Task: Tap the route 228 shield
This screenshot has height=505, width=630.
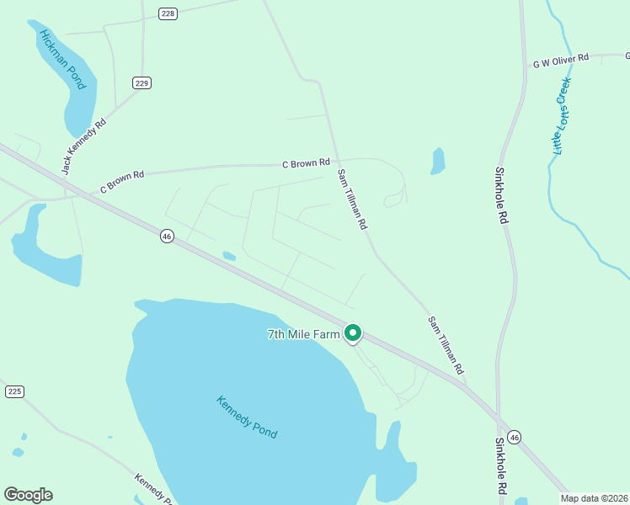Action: click(168, 13)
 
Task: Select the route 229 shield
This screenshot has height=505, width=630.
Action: click(141, 82)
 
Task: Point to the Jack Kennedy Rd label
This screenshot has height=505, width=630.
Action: click(83, 146)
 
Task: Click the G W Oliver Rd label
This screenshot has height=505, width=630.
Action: click(560, 61)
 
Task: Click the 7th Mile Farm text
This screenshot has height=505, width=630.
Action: click(304, 334)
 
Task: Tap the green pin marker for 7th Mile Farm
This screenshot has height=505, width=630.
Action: click(354, 333)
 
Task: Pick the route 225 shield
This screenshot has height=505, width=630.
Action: click(13, 391)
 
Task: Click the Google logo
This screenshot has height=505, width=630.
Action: click(28, 494)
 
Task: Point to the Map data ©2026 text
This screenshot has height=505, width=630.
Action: click(595, 498)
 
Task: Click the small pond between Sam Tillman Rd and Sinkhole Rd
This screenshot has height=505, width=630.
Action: click(437, 161)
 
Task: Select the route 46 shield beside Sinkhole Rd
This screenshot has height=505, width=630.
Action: click(515, 437)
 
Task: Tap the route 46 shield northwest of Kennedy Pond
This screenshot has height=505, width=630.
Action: click(167, 237)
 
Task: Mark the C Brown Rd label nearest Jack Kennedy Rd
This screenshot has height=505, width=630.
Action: click(123, 180)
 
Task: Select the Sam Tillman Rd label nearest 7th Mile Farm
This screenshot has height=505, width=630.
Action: click(446, 345)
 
